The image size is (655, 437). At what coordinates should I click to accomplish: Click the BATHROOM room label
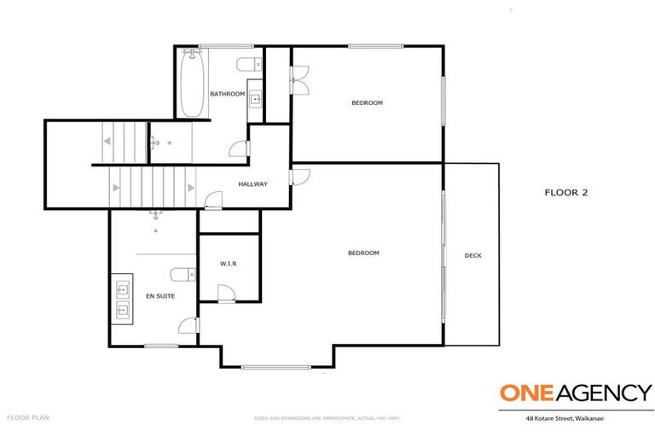(228, 94)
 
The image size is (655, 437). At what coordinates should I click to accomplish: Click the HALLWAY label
(252, 184)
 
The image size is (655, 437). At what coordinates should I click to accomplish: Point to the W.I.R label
(228, 264)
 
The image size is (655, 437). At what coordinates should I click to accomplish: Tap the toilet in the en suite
(180, 274)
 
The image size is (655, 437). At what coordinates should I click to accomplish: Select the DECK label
(472, 255)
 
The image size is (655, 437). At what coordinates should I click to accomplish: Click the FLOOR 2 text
(566, 192)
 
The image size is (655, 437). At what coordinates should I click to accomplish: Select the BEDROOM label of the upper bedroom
(367, 102)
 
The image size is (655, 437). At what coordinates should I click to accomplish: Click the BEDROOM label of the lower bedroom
(363, 253)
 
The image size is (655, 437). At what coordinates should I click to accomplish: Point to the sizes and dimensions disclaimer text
(327, 418)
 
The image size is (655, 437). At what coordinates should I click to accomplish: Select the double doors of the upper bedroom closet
(298, 82)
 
